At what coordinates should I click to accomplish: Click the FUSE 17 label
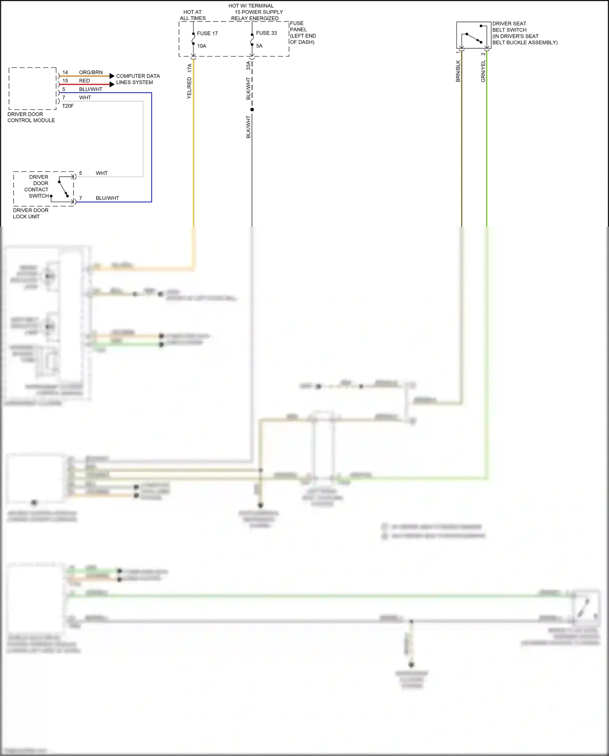pos(207,33)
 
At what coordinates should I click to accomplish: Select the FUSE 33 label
pos(266,33)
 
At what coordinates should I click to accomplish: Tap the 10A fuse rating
pos(202,46)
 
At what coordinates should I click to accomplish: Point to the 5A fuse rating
pos(259,46)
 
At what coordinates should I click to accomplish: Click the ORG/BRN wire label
pos(91,72)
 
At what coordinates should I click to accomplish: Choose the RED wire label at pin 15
pos(84,81)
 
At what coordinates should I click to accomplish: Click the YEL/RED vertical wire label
pos(189,88)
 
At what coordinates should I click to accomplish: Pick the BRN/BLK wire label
pos(458,71)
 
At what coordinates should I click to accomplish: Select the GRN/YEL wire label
pos(483,71)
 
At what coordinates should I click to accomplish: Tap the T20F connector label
pos(68,106)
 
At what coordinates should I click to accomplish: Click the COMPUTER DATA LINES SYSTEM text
pos(138,79)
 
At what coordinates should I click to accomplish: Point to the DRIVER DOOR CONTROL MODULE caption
pos(31,117)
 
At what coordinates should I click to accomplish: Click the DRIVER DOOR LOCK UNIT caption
pos(30,213)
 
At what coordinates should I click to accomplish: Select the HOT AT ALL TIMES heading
pos(193,15)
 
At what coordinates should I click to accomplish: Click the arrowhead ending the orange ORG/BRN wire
pos(112,76)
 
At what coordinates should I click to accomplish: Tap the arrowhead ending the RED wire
pos(112,84)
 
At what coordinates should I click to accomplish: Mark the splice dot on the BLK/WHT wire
pos(252,110)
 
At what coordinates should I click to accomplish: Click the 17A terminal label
pos(189,68)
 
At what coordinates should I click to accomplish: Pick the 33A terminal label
pos(248,65)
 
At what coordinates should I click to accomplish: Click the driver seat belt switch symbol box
pos(473,35)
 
